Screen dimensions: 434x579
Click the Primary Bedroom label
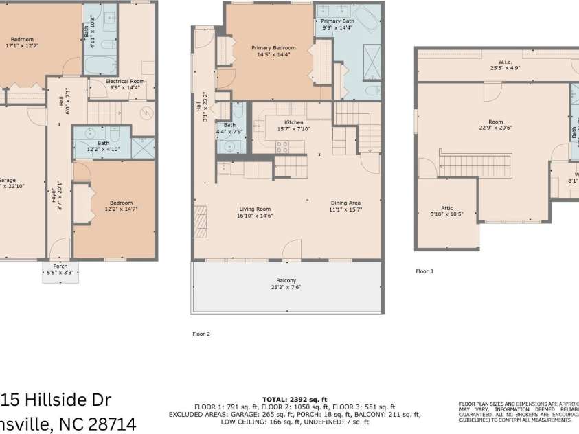point(273,47)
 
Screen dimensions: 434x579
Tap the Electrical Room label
point(125,81)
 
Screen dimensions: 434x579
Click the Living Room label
point(255,209)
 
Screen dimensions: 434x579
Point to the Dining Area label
point(345,203)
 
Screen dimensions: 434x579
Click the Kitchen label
point(294,122)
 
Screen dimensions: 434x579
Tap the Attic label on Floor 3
point(446,207)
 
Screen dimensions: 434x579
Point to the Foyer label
point(54,194)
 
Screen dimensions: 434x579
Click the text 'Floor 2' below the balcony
point(201,334)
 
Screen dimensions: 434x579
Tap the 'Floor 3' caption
point(424,271)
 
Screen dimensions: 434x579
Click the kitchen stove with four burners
point(282,146)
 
